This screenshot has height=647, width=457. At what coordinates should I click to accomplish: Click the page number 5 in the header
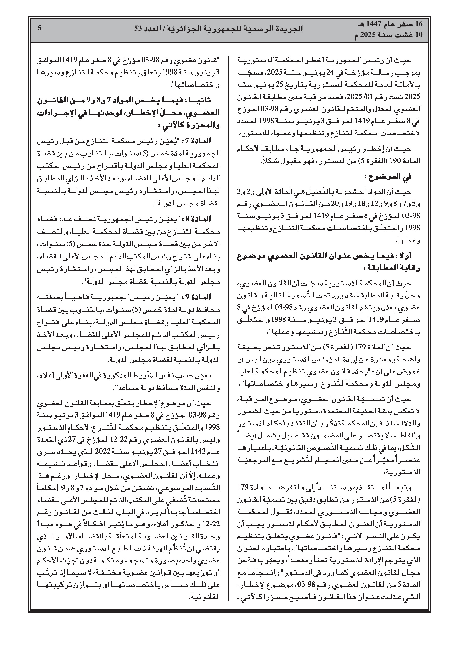coord(39,28)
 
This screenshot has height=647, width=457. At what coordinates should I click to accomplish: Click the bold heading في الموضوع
coord(388,177)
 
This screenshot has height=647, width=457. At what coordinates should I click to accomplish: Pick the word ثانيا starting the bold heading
coord(201,100)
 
